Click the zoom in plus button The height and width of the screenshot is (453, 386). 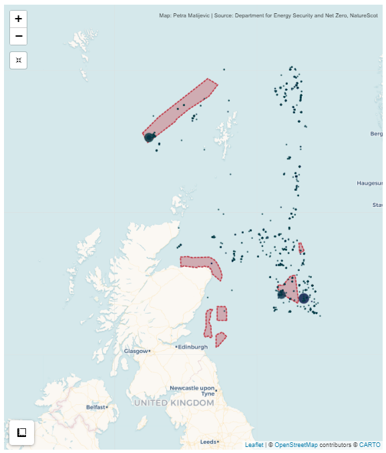tap(19, 19)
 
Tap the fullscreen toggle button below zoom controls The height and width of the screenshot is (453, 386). tap(19, 60)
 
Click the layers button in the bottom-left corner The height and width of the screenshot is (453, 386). tap(21, 432)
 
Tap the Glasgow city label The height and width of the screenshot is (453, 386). tap(136, 351)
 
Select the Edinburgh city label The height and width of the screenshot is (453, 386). tap(193, 346)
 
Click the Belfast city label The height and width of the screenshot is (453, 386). tap(96, 406)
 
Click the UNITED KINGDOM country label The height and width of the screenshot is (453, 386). tap(174, 403)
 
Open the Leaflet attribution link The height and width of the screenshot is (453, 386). tap(254, 444)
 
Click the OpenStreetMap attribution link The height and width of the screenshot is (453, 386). tap(296, 444)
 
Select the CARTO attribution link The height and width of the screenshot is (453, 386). tap(369, 444)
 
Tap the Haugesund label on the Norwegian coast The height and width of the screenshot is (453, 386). tap(371, 182)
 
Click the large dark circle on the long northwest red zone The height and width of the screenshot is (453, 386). tap(149, 137)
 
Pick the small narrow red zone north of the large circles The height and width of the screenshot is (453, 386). tap(301, 248)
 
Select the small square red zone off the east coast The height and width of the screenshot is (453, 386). tap(222, 313)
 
